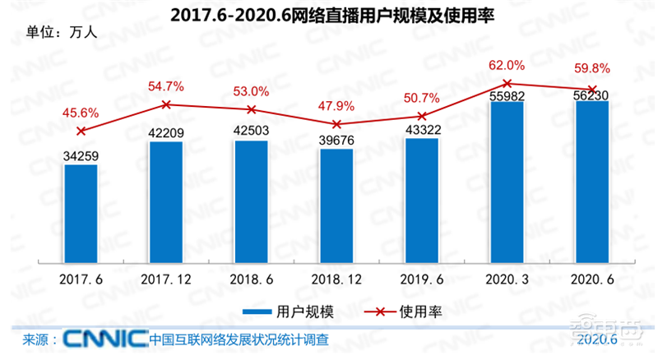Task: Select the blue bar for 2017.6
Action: click(81, 213)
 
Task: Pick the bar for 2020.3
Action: click(507, 181)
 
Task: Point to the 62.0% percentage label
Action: click(507, 66)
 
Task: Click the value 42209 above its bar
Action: click(166, 130)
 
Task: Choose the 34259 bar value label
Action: click(81, 154)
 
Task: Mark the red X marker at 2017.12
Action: click(166, 104)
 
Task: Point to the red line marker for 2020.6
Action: click(592, 89)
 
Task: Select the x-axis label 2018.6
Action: click(252, 279)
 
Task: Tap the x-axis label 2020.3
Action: click(507, 279)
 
